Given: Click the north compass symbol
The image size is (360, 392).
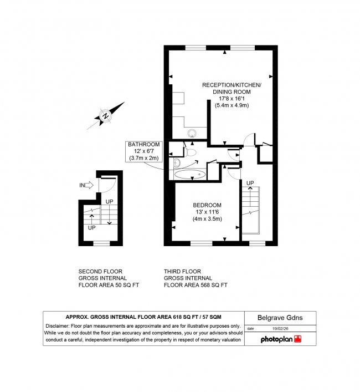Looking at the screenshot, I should point(105,115).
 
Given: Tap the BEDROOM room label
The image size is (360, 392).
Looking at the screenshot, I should point(207,205).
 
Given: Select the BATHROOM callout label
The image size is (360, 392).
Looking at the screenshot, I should point(143,144).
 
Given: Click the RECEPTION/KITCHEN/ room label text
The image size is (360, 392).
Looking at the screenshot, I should point(231,84).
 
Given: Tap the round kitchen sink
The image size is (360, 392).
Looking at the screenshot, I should point(193,133).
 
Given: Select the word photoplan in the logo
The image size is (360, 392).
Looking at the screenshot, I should point(276,339).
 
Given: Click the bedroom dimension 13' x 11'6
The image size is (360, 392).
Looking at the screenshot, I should point(207,212).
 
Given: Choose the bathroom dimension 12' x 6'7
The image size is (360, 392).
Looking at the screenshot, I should point(143,151).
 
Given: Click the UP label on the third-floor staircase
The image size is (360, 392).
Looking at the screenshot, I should point(250,183).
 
